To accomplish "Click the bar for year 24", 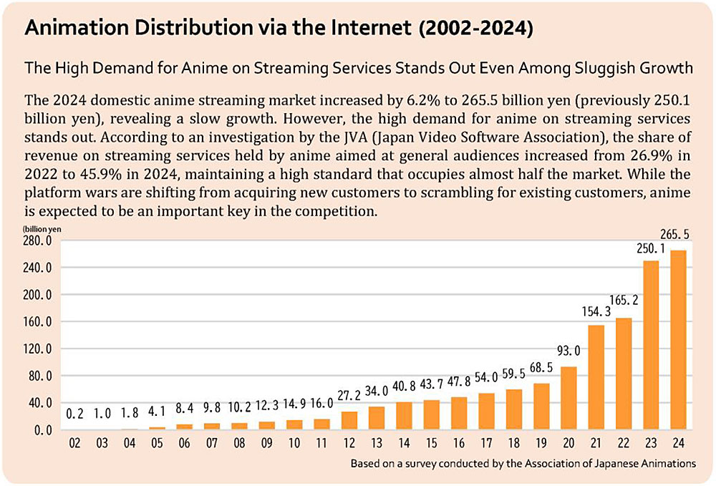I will click(x=678, y=340).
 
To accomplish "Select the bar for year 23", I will click(x=651, y=345).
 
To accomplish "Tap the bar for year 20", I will click(x=569, y=398).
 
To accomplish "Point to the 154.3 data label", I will click(x=596, y=312).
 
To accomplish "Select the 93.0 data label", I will click(x=569, y=352).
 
